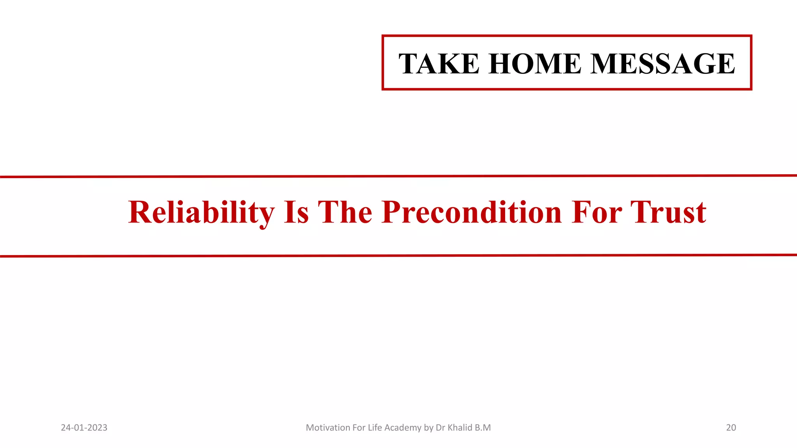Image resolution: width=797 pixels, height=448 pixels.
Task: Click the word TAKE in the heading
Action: pos(439,63)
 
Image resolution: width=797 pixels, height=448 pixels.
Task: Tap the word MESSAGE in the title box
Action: pos(663,63)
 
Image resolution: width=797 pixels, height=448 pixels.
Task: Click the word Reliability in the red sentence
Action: pos(201,213)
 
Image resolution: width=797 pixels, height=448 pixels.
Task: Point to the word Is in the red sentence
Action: pos(297,213)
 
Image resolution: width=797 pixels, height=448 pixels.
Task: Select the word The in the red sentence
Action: pos(345,213)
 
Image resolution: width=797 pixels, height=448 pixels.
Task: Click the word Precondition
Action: pos(472,213)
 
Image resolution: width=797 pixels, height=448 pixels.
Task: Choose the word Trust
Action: pos(668,213)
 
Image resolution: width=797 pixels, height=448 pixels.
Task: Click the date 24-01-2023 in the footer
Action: pos(84,428)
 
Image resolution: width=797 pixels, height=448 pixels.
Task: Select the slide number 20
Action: pos(731,428)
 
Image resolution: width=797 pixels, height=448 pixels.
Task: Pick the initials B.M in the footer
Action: pos(483,428)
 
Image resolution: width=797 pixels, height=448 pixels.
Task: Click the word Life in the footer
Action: pos(375,428)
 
